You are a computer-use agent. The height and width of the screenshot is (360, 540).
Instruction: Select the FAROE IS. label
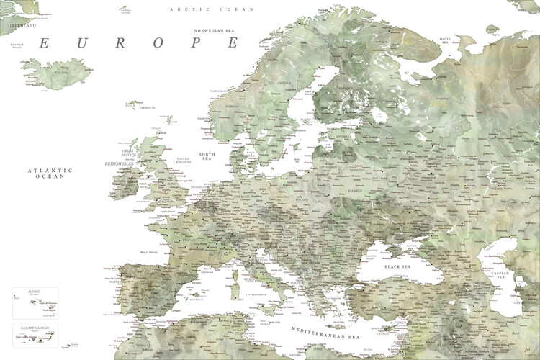[148, 107]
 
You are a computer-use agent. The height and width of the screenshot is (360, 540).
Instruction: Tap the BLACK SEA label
[397, 266]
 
